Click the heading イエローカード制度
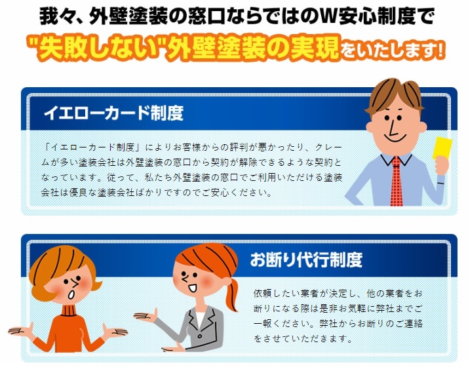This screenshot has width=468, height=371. pyautogui.click(x=113, y=113)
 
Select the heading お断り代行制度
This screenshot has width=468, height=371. pyautogui.click(x=306, y=260)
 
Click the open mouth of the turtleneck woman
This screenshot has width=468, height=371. pyautogui.click(x=71, y=294)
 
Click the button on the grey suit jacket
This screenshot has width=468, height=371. pyautogui.click(x=199, y=336)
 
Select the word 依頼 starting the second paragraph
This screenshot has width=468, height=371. pyautogui.click(x=263, y=294)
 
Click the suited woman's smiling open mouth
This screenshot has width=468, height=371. pyautogui.click(x=192, y=288)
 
